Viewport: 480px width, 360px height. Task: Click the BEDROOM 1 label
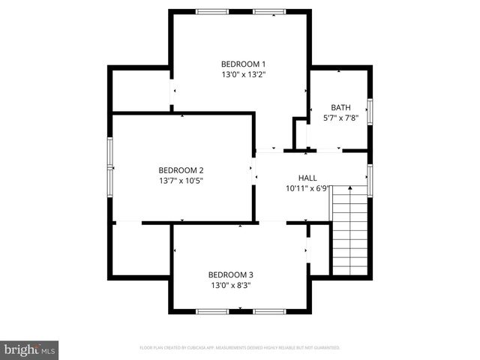point(243,64)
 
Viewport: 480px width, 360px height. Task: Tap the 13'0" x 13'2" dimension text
point(243,75)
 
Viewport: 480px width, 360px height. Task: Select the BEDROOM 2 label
point(181,169)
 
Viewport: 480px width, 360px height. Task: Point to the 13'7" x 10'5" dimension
point(181,181)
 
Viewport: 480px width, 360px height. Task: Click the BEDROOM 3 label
point(231,274)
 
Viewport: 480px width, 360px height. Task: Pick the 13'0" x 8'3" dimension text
point(231,285)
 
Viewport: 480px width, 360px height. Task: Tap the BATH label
point(340,107)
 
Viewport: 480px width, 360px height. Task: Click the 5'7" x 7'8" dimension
point(340,118)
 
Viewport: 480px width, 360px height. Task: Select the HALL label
point(307,178)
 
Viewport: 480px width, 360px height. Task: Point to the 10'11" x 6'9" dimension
point(307,189)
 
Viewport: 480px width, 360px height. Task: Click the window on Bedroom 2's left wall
point(110,166)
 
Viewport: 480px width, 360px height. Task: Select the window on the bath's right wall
point(370,109)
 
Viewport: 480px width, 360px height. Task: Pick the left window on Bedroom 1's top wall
point(212,11)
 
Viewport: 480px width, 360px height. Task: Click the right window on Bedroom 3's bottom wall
point(269,310)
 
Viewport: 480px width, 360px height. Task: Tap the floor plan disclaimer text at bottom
point(240,348)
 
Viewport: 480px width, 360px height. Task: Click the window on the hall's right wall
point(370,180)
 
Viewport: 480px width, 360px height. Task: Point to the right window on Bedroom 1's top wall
point(269,11)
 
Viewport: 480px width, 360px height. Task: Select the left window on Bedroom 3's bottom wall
point(212,310)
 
